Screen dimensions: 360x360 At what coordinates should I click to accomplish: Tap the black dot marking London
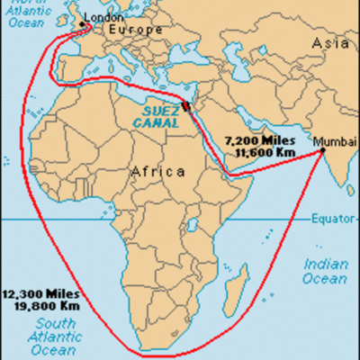[x=83, y=24]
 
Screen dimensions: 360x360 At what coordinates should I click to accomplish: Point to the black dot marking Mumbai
[x=324, y=153]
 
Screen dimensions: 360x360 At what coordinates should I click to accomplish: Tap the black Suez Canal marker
[x=186, y=106]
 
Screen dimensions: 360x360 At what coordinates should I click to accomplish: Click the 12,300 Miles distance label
[x=40, y=293]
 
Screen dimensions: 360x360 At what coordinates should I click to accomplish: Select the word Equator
[x=333, y=219]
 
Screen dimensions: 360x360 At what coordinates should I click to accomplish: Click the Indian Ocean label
[x=325, y=271]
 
